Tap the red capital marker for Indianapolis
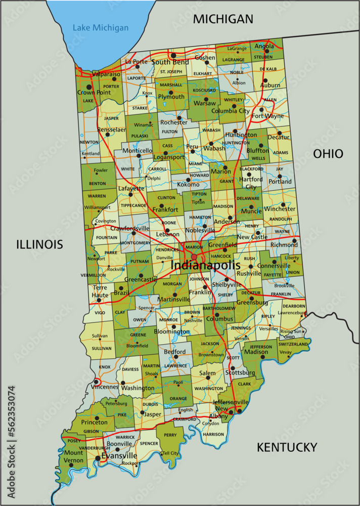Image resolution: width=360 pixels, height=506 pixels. point(194,257)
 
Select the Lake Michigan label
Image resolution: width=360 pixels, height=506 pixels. point(100,28)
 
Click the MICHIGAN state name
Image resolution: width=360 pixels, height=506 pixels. point(223,19)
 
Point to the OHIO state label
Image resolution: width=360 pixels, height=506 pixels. point(328,154)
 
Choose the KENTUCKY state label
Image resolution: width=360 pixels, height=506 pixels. point(287,447)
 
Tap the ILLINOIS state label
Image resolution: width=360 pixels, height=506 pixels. point(39,245)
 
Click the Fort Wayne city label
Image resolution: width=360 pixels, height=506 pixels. point(267,116)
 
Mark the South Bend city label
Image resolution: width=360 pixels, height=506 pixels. point(170,62)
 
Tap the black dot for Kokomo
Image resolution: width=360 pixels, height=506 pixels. point(188,180)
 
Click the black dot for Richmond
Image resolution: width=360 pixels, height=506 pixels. point(294,241)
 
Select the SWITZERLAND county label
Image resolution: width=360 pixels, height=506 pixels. point(293,344)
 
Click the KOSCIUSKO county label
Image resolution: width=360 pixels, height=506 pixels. point(204,90)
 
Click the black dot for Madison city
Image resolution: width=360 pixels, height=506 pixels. point(262,357)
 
